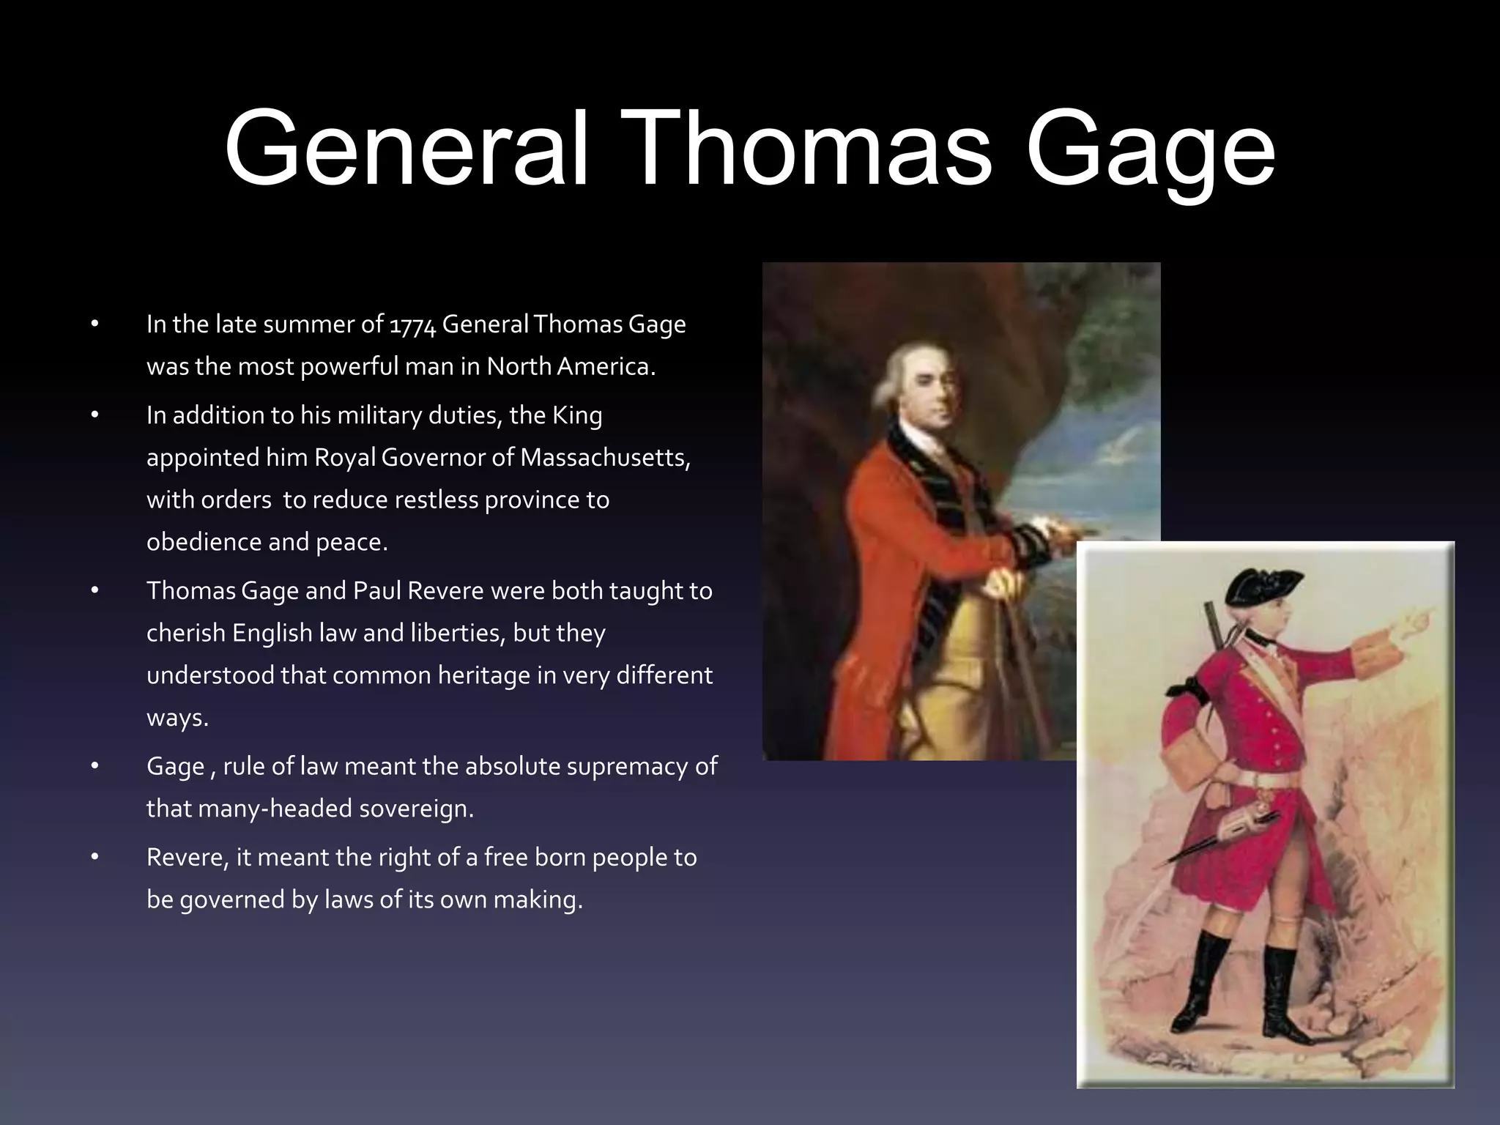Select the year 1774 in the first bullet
(x=412, y=325)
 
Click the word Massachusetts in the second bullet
(x=605, y=458)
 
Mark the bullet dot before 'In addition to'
(x=94, y=415)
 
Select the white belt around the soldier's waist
(x=1238, y=781)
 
